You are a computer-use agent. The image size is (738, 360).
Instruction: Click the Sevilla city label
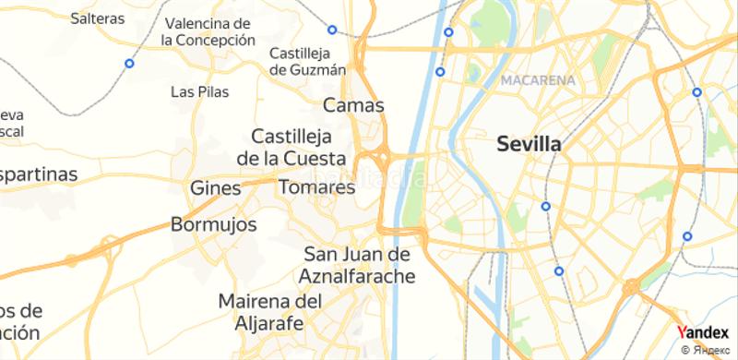tap(529, 144)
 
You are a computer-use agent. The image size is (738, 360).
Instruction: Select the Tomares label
tap(316, 187)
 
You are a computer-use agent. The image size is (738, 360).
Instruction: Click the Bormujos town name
tap(211, 224)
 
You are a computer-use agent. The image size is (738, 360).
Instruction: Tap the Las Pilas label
tap(200, 91)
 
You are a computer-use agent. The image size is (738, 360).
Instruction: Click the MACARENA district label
tap(538, 81)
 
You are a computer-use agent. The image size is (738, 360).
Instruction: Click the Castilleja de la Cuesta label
tap(292, 146)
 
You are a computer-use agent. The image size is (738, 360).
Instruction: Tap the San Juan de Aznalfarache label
tap(358, 264)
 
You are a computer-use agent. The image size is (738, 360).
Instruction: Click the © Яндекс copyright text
tap(708, 351)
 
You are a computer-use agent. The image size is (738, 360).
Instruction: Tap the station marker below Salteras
tap(129, 64)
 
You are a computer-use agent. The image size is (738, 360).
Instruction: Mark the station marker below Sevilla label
tap(546, 207)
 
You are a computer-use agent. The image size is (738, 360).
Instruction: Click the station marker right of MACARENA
tap(696, 93)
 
